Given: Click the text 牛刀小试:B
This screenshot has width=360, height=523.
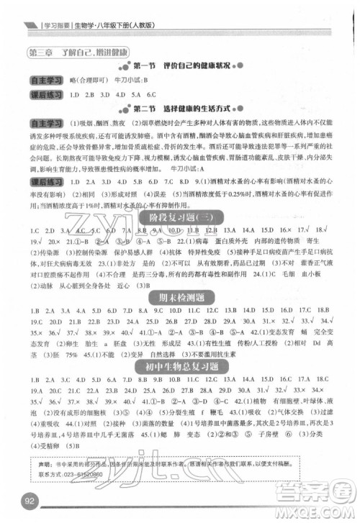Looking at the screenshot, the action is [x=130, y=80].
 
